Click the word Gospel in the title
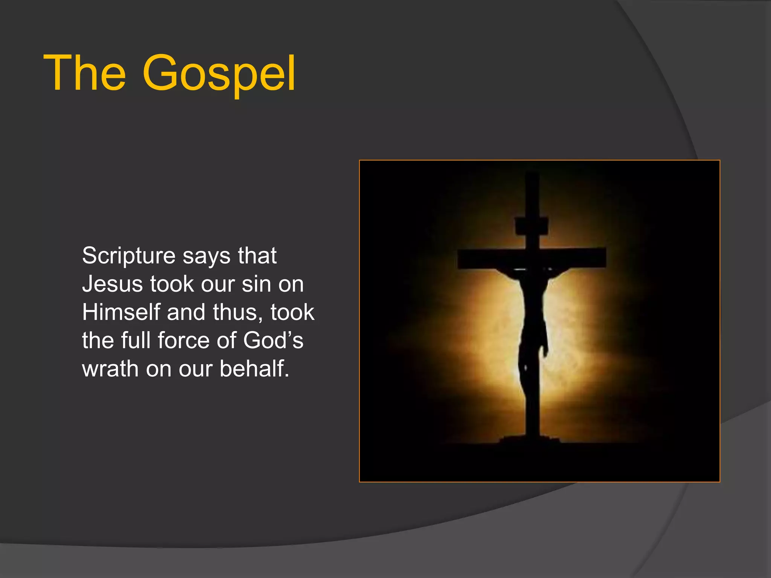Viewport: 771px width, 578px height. [219, 73]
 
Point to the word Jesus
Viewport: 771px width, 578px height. [112, 284]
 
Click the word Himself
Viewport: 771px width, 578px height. [121, 312]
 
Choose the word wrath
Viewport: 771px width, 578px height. [110, 369]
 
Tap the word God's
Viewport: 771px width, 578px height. [273, 341]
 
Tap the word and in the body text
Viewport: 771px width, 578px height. [186, 312]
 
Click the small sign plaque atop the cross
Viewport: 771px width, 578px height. [531, 226]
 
